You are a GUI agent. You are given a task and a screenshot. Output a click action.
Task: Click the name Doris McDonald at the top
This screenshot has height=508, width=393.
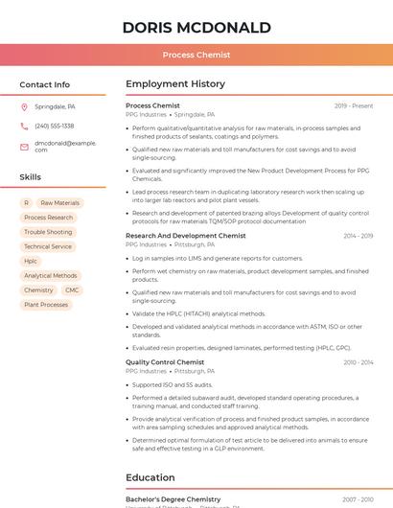pyautogui.click(x=196, y=27)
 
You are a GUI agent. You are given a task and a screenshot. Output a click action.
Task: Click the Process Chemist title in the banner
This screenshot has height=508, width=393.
pyautogui.click(x=196, y=55)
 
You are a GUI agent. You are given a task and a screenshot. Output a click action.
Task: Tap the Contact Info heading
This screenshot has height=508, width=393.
pyautogui.click(x=45, y=84)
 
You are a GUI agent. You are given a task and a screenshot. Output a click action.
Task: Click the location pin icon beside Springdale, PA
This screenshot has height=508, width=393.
pyautogui.click(x=24, y=106)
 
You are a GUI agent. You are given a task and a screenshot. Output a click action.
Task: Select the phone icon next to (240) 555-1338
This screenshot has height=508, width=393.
pyautogui.click(x=24, y=126)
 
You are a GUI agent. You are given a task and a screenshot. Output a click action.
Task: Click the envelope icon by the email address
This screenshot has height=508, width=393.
pyautogui.click(x=24, y=146)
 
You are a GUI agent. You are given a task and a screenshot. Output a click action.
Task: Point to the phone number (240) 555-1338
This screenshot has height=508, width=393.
pyautogui.click(x=55, y=126)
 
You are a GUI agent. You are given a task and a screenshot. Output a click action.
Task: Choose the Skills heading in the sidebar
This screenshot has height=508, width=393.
pyautogui.click(x=31, y=177)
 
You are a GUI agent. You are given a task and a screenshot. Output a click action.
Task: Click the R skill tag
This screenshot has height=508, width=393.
pyautogui.click(x=26, y=203)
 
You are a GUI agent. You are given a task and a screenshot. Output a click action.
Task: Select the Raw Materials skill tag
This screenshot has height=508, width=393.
pyautogui.click(x=60, y=203)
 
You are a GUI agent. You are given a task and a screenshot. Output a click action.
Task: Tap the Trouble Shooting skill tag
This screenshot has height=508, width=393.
pyautogui.click(x=48, y=232)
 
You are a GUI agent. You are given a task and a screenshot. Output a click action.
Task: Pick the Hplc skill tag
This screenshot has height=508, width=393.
pyautogui.click(x=31, y=261)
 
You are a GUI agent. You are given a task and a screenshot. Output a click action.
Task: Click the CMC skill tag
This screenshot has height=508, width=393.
pyautogui.click(x=72, y=289)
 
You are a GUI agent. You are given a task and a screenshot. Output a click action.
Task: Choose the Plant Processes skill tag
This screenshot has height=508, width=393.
pyautogui.click(x=46, y=305)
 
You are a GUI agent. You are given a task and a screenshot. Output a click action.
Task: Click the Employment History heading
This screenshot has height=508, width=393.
pyautogui.click(x=175, y=84)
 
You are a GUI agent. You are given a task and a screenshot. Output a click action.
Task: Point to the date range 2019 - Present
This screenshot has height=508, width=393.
pyautogui.click(x=354, y=105)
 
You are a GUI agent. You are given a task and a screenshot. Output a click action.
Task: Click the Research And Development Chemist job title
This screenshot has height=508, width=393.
pyautogui.click(x=186, y=236)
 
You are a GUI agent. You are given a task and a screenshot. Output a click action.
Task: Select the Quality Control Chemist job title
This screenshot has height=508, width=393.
pyautogui.click(x=165, y=362)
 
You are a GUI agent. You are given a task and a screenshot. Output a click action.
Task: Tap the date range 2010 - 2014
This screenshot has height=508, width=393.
pyautogui.click(x=358, y=362)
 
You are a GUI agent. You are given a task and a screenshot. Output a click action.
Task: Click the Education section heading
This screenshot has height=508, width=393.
pyautogui.click(x=150, y=477)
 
